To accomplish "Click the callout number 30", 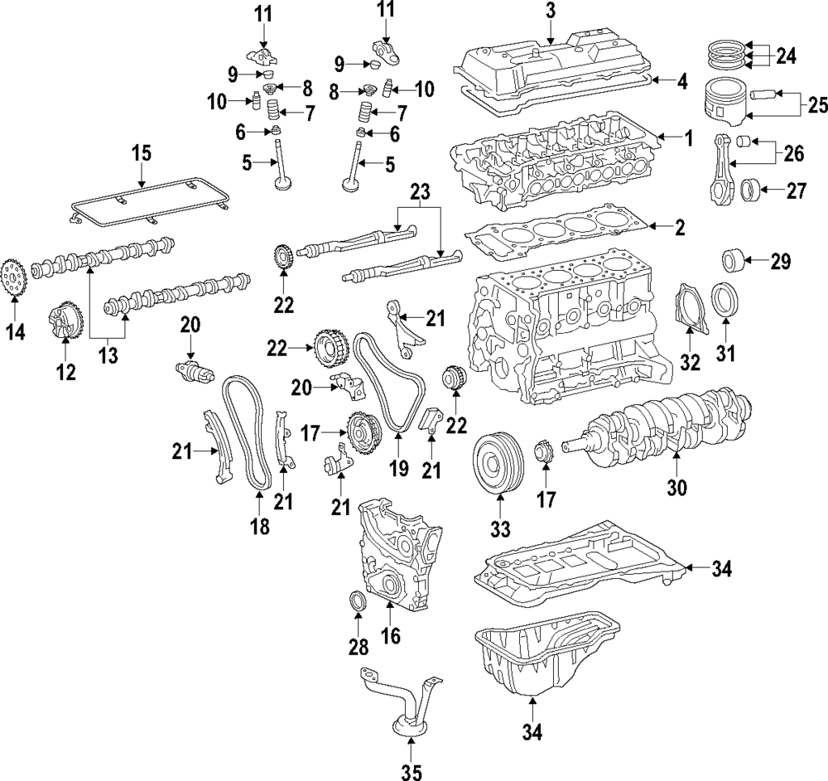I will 676,488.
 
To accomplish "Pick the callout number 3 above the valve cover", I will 551,11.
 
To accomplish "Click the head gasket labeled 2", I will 555,232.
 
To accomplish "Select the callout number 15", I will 142,152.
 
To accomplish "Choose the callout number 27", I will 796,190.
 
